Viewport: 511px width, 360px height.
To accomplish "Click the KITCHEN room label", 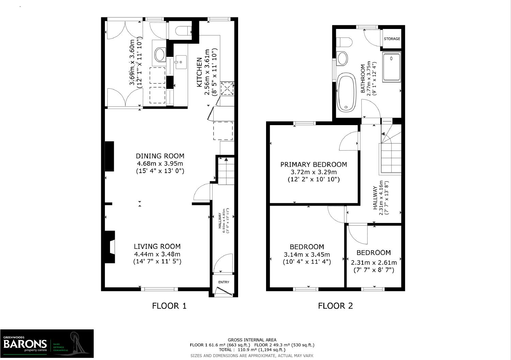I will [x=199, y=72].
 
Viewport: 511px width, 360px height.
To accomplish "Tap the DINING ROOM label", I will [x=160, y=156].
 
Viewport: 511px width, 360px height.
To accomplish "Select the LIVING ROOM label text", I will [x=157, y=246].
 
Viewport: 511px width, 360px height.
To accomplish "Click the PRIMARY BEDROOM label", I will [x=313, y=164].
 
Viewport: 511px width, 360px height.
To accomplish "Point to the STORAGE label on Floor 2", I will [x=392, y=39].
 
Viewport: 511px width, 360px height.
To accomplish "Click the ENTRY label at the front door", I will [x=223, y=282].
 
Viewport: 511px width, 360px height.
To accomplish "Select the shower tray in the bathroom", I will [x=391, y=67].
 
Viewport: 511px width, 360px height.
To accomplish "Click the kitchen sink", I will [x=180, y=62].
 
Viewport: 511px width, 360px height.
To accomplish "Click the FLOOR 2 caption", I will [x=335, y=306].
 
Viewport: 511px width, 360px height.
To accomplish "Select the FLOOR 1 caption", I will [x=169, y=306].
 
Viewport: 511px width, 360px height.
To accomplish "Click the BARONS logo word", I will [x=25, y=343].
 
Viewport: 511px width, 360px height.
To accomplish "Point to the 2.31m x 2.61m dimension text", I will [x=374, y=262].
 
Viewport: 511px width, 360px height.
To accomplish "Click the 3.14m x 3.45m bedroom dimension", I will [x=307, y=254].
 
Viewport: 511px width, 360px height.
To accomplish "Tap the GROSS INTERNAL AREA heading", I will [x=252, y=340].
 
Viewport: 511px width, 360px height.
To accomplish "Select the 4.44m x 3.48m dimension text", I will [x=157, y=254].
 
